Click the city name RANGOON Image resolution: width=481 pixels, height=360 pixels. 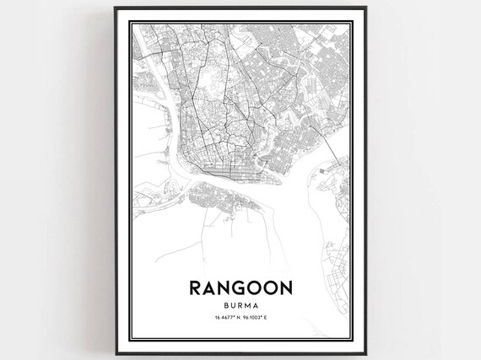click(240, 287)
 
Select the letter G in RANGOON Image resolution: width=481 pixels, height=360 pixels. click(239, 287)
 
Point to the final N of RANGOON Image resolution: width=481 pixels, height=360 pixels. click(286, 287)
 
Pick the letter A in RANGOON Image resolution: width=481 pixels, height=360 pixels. click(208, 287)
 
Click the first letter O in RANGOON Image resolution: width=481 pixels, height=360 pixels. click(253, 287)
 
